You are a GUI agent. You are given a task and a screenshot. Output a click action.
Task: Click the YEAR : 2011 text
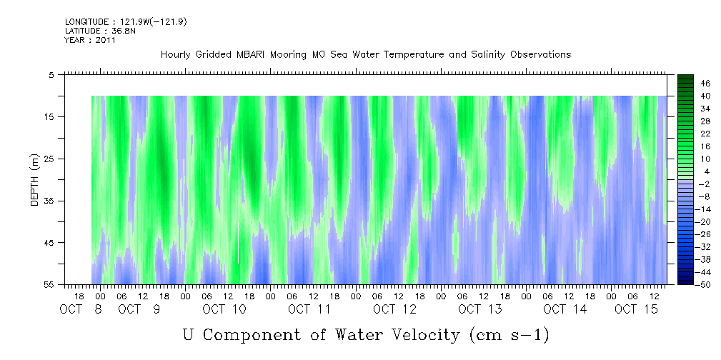[x=89, y=40]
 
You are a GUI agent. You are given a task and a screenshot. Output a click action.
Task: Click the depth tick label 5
[x=52, y=74]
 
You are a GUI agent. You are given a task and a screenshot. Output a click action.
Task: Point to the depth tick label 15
[x=50, y=116]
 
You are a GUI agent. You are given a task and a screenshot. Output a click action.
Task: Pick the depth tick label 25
[x=50, y=159]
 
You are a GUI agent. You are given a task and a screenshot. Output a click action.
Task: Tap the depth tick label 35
[x=50, y=201]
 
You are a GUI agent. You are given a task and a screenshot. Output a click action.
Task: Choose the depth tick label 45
[x=50, y=243]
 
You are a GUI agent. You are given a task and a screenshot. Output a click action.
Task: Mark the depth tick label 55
[x=50, y=285]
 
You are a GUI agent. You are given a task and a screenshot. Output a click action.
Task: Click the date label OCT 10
[x=224, y=309]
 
